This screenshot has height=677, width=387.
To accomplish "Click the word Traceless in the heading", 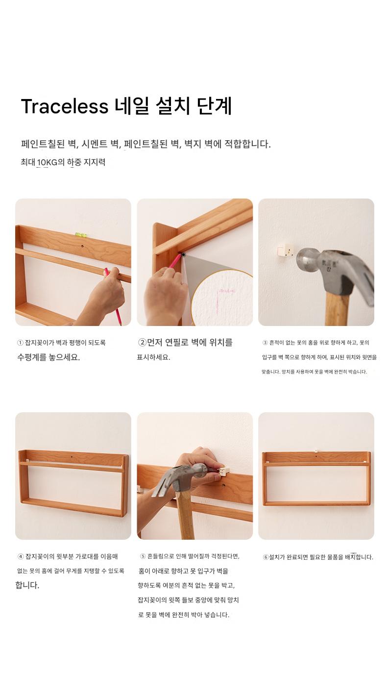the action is [x=64, y=106].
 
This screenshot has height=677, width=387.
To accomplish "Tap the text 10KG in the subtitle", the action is [x=47, y=162].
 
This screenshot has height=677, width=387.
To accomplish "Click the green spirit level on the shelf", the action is [x=79, y=234].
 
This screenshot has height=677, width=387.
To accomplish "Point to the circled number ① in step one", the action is [x=20, y=343].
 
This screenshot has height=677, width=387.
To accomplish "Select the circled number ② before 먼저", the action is [x=142, y=343].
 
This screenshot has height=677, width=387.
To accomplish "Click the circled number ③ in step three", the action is [x=265, y=343].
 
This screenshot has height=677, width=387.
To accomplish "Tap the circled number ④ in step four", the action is [x=21, y=556].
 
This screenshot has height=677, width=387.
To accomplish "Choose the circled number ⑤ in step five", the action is [x=143, y=556].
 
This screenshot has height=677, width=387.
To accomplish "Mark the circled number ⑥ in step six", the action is [x=266, y=557].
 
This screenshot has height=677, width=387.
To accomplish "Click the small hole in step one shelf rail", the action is [x=82, y=247].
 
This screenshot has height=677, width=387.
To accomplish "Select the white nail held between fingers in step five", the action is [x=224, y=471].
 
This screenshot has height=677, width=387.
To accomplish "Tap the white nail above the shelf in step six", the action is [x=315, y=451].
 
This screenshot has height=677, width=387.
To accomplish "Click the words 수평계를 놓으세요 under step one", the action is [x=48, y=357].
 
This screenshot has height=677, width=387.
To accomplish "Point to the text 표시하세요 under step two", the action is [x=153, y=357].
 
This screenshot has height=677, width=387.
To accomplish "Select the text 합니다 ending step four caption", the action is [x=27, y=585].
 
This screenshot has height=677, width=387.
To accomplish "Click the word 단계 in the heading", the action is [x=214, y=106].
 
